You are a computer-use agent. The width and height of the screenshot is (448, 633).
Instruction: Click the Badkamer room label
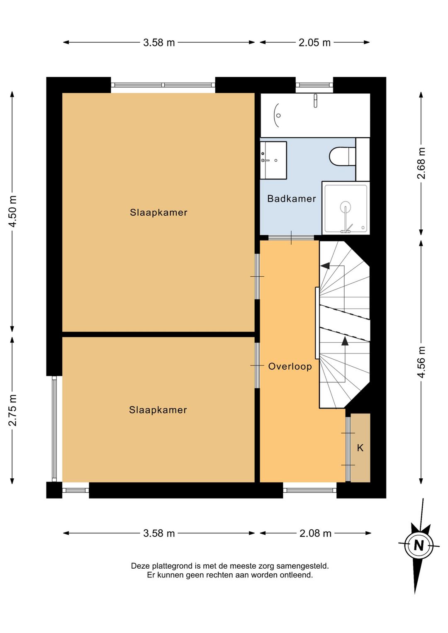coord(292,199)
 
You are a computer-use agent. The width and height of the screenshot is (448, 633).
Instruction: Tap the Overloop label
coord(290,367)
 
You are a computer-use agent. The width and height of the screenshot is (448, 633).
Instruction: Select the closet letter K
coord(360,448)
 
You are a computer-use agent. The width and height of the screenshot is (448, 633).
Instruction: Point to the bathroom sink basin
coord(273,160)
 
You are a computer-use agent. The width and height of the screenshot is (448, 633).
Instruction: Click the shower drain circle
coord(346,207)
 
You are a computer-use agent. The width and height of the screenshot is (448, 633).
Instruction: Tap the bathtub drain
coord(278,115)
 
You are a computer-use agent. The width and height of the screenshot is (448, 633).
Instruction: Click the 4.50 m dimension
coord(13,211)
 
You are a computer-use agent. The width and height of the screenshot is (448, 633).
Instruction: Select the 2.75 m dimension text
coord(13,410)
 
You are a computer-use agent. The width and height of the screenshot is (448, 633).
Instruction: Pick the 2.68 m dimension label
coord(421,163)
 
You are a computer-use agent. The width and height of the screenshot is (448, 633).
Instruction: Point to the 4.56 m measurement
coord(421,362)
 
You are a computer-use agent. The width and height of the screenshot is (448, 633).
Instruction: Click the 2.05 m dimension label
coord(314,43)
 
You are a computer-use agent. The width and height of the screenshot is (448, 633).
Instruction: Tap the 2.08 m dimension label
coord(315,533)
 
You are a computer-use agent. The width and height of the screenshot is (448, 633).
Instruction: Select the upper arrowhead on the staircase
coord(325,265)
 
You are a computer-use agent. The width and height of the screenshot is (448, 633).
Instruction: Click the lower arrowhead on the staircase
coord(345,341)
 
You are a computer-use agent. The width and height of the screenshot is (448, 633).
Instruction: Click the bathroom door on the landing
coord(291,238)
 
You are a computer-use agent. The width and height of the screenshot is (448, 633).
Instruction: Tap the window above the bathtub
coord(314,85)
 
